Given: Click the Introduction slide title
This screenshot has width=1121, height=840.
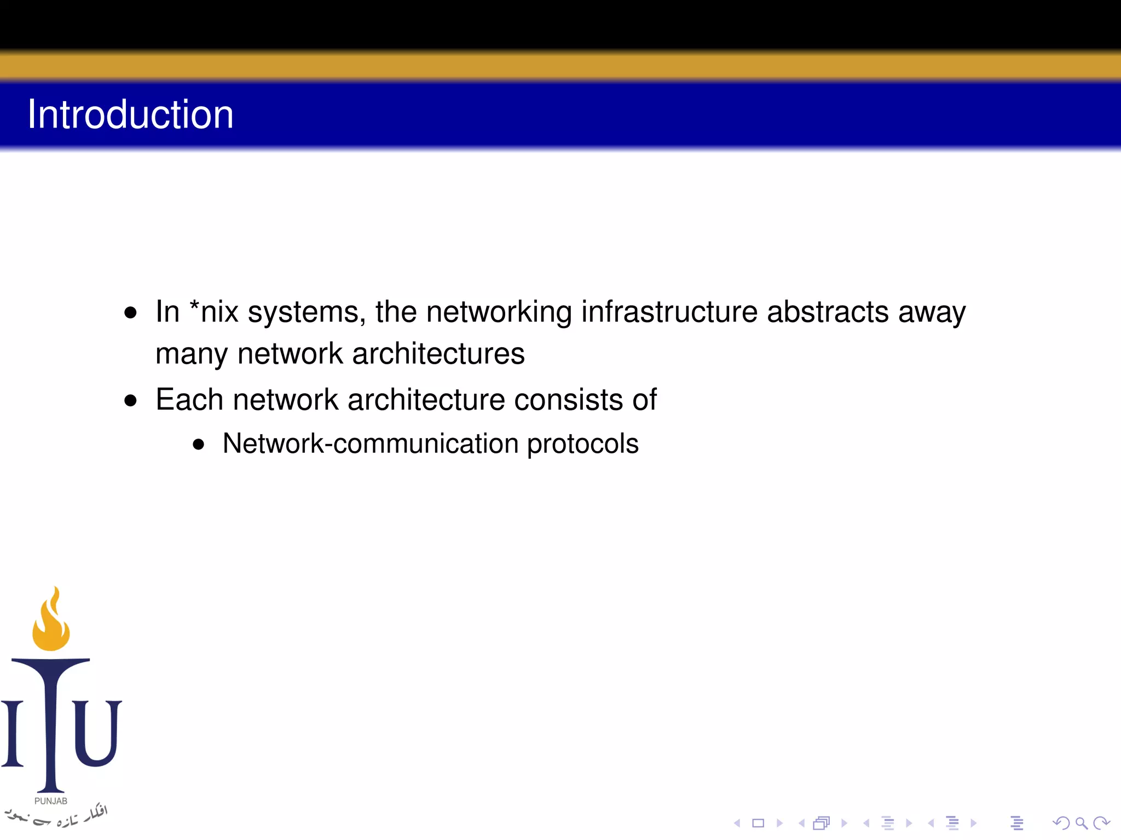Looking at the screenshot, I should pyautogui.click(x=130, y=114).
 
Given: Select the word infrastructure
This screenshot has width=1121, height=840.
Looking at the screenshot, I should pyautogui.click(x=669, y=312).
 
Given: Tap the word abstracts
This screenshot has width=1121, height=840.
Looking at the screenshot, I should pyautogui.click(x=828, y=312).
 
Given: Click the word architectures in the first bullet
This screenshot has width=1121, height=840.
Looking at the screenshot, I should pyautogui.click(x=438, y=354).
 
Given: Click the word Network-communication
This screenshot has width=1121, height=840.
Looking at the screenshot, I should pyautogui.click(x=371, y=443).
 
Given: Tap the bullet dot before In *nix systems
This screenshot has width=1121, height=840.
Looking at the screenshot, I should pyautogui.click(x=130, y=313).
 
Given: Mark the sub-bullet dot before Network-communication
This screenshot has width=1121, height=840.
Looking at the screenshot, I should pyautogui.click(x=199, y=445).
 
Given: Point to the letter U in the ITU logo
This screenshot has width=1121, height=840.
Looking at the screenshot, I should pyautogui.click(x=97, y=733).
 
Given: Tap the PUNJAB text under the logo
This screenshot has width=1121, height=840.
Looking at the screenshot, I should pyautogui.click(x=51, y=801).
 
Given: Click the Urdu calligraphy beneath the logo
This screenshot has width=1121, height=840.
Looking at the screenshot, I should pyautogui.click(x=57, y=816).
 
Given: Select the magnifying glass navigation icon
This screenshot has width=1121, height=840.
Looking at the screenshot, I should pyautogui.click(x=1081, y=822).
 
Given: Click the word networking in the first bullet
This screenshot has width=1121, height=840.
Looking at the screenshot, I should pyautogui.click(x=499, y=313).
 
